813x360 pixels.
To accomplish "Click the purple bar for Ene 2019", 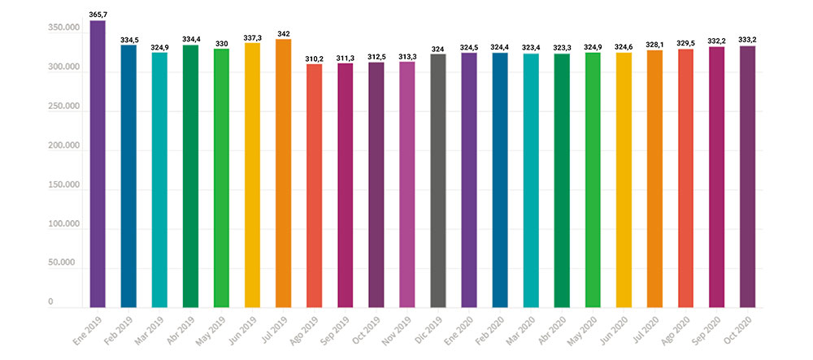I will pos(98,163).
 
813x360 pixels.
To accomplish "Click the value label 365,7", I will pos(98,15).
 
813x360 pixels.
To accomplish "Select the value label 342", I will pos(283,33).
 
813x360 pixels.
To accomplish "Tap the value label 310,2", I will pos(314,59).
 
